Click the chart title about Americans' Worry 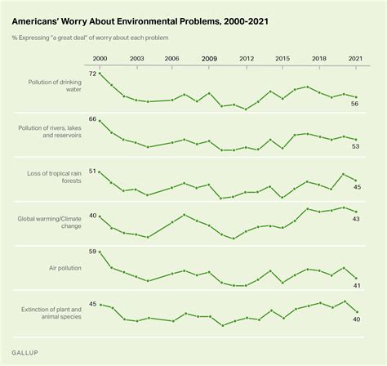tap(140, 21)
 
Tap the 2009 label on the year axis tap(209, 59)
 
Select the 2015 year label tap(282, 59)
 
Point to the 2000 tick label tap(100, 59)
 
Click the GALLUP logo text tap(24, 353)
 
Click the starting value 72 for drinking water tap(92, 74)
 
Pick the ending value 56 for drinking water tap(354, 104)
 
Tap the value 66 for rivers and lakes tap(92, 119)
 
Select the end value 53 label tap(355, 146)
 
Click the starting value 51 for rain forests tap(92, 171)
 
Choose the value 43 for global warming tap(356, 219)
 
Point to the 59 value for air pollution tap(92, 252)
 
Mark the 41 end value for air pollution tap(357, 286)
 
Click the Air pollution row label tap(65, 268)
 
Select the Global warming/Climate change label tap(50, 222)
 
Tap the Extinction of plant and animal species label tap(51, 313)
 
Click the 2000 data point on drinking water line tap(100, 74)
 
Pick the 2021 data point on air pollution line tap(356, 278)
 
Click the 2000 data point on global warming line tap(100, 216)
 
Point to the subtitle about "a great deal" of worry tap(90, 38)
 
